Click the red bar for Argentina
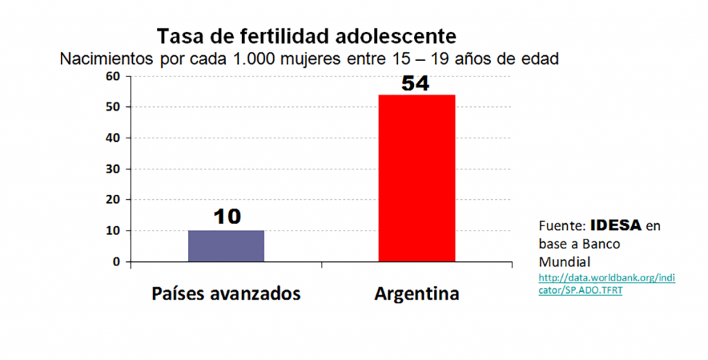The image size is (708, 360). (416, 178)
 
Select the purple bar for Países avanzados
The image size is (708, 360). (226, 246)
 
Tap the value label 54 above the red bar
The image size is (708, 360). (416, 84)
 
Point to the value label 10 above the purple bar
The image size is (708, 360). (226, 217)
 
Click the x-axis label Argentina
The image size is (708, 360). (416, 294)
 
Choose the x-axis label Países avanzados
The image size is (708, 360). (226, 294)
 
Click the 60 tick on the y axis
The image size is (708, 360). (112, 76)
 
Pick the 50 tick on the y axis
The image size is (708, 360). (112, 107)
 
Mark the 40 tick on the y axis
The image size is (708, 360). (112, 138)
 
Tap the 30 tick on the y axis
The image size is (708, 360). (112, 169)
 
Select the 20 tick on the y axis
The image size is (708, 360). (112, 200)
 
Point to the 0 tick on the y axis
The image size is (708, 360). (115, 262)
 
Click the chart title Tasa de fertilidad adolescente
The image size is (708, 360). (307, 36)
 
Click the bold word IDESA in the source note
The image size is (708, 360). (616, 226)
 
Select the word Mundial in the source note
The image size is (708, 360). (563, 263)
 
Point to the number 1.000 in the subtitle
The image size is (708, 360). (260, 59)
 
